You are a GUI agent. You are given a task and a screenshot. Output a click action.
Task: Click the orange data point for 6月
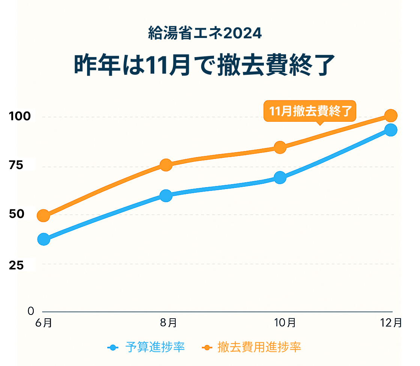coord(44,216)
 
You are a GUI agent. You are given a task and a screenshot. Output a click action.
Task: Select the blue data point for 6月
coord(44,239)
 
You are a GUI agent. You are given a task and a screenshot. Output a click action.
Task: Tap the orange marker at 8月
coord(166,165)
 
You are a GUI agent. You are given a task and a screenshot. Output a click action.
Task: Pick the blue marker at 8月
coord(166,195)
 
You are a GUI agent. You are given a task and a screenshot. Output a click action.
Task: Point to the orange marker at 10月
coord(280,147)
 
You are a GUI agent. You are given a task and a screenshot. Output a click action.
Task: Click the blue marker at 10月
coord(280,178)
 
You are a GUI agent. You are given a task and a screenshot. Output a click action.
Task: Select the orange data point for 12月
coord(391,115)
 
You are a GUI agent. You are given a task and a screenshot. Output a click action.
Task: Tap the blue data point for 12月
coord(391,130)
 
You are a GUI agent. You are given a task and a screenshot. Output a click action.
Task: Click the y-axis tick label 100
coord(20,116)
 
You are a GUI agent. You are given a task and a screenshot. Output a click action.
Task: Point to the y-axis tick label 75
coord(16,165)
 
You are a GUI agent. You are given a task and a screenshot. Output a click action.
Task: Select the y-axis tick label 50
coord(16,214)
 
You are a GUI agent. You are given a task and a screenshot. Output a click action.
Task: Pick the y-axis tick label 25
coord(16,265)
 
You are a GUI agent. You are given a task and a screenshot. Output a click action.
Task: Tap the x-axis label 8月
coord(169,322)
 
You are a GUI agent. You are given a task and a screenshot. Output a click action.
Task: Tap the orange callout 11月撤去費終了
coord(310,111)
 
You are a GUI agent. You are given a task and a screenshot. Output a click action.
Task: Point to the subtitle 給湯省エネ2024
coord(205,34)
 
